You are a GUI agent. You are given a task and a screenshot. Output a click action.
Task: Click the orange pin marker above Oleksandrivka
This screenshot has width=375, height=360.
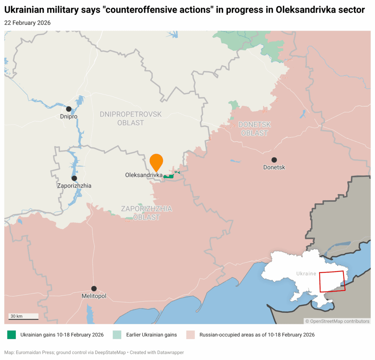156,161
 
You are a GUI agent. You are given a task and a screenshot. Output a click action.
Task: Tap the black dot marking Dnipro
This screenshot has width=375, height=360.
68,109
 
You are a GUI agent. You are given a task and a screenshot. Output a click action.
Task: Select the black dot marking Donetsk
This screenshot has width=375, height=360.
274,160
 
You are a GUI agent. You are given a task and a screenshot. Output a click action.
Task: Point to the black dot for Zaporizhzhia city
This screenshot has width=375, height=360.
74,178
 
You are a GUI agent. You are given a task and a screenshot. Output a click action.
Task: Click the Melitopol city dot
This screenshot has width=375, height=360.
94,289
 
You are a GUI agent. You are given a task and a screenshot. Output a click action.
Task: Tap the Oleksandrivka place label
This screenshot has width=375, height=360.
144,175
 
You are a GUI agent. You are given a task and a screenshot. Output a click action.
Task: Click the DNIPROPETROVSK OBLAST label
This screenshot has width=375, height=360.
130,118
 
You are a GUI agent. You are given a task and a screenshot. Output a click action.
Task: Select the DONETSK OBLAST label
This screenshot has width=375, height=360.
255,129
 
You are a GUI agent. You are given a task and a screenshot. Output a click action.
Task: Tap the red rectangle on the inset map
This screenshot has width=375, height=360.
332,282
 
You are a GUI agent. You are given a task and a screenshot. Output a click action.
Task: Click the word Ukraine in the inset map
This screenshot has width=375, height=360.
306,273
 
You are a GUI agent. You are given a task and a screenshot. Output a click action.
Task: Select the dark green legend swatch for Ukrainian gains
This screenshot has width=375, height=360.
12,335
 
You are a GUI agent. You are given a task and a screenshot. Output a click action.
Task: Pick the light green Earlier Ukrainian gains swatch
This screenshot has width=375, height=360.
117,335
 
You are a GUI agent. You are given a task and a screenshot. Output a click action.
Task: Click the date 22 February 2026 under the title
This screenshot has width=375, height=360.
27,23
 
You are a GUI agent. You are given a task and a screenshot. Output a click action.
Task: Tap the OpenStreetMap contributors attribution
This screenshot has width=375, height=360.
337,321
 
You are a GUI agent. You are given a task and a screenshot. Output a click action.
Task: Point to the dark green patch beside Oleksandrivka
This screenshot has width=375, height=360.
169,176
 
